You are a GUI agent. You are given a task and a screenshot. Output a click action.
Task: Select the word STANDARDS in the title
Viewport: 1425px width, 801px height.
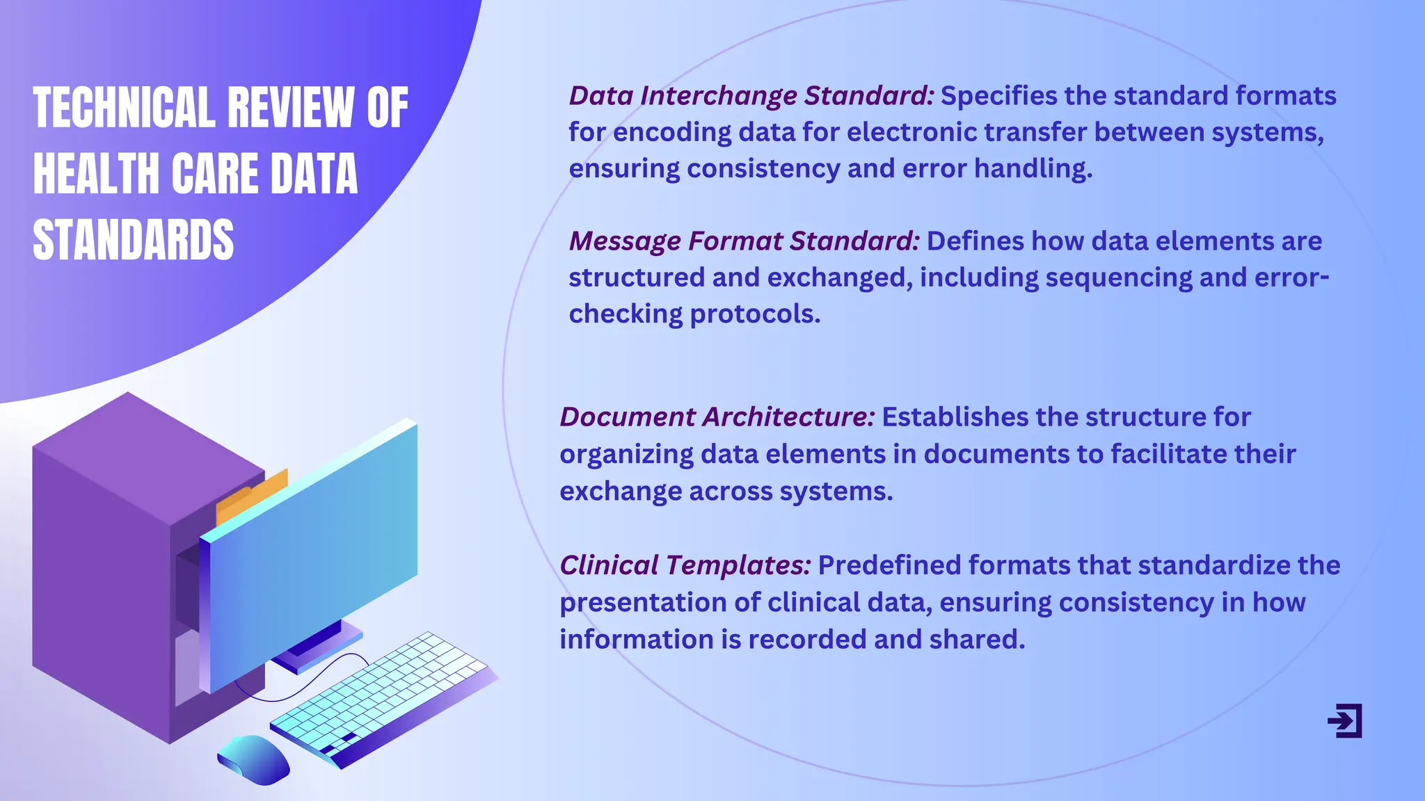(133, 240)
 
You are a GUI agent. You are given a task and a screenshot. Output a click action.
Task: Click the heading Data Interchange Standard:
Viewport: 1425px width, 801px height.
(751, 96)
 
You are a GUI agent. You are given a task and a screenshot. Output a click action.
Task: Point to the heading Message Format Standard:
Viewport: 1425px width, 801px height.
(744, 241)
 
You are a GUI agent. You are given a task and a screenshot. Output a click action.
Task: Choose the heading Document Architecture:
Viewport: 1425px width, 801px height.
(717, 417)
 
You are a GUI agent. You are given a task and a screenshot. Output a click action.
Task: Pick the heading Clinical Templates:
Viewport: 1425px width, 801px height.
(685, 565)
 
